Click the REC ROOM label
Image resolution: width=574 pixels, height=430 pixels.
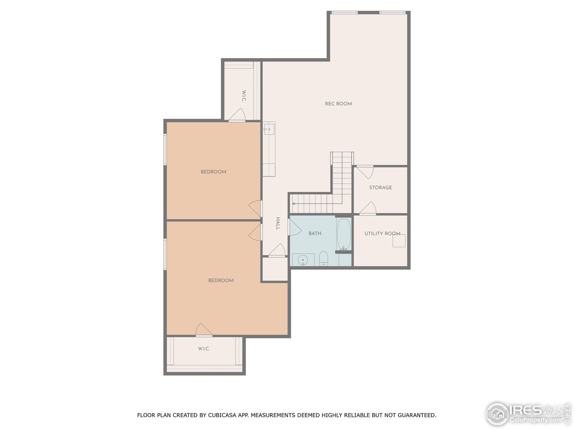coord(338,104)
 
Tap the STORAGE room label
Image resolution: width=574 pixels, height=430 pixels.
coord(380,188)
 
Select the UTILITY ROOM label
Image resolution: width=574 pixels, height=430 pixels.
coord(382,234)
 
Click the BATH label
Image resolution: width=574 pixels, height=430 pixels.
coord(315,233)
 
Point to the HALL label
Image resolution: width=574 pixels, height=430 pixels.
coord(278,224)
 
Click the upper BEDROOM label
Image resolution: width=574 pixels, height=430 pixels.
coord(213,172)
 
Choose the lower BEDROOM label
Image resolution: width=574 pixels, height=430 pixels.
coord(221,280)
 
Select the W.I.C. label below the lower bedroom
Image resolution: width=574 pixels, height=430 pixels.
coord(204,349)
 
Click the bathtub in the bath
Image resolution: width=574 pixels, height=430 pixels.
coord(344,234)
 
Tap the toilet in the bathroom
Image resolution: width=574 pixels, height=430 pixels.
coord(324,259)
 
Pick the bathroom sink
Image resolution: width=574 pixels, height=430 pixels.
coord(303,260)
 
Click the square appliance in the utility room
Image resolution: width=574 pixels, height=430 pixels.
coord(399,241)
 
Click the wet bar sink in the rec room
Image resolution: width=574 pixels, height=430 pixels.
coord(269,130)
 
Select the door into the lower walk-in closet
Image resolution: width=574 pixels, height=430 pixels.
coord(204,330)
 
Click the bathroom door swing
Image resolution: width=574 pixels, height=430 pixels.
coord(295,227)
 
